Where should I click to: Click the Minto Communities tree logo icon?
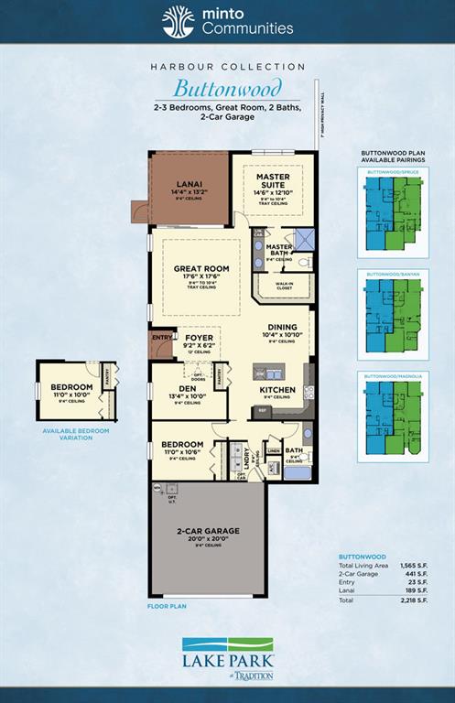pyautogui.click(x=178, y=21)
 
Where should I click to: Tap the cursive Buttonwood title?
pyautogui.click(x=227, y=89)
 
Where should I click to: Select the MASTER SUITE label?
pyautogui.click(x=272, y=179)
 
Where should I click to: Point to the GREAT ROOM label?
pyautogui.click(x=200, y=268)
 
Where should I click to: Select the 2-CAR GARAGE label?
pyautogui.click(x=208, y=531)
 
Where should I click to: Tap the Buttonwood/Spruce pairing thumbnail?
pyautogui.click(x=394, y=212)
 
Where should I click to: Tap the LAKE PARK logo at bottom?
pyautogui.click(x=227, y=654)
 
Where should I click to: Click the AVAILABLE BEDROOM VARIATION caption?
pyautogui.click(x=75, y=434)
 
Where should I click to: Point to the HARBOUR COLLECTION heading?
pyautogui.click(x=227, y=67)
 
